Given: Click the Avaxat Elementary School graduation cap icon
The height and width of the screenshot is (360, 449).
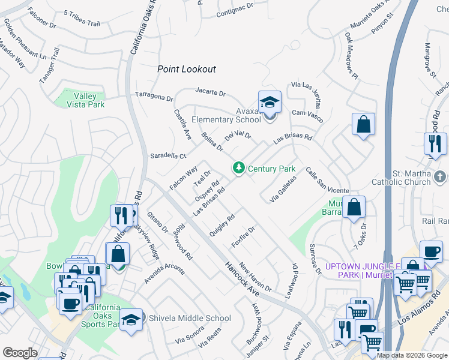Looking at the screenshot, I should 270,101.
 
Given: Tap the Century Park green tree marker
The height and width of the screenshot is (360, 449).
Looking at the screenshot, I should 240,167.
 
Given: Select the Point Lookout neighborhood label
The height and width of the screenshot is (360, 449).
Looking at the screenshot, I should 186,69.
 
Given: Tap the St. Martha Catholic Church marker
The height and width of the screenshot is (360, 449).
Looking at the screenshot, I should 441,176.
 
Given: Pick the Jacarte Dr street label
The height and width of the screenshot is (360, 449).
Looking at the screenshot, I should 210,93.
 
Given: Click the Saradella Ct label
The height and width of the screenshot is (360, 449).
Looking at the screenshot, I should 168,155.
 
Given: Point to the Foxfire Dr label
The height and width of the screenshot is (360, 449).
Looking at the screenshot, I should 244,236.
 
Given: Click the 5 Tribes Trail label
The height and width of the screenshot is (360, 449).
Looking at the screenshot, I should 81,19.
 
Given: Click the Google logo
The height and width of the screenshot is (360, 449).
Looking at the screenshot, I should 20,352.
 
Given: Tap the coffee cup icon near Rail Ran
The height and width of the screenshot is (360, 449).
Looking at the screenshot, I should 430,252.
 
